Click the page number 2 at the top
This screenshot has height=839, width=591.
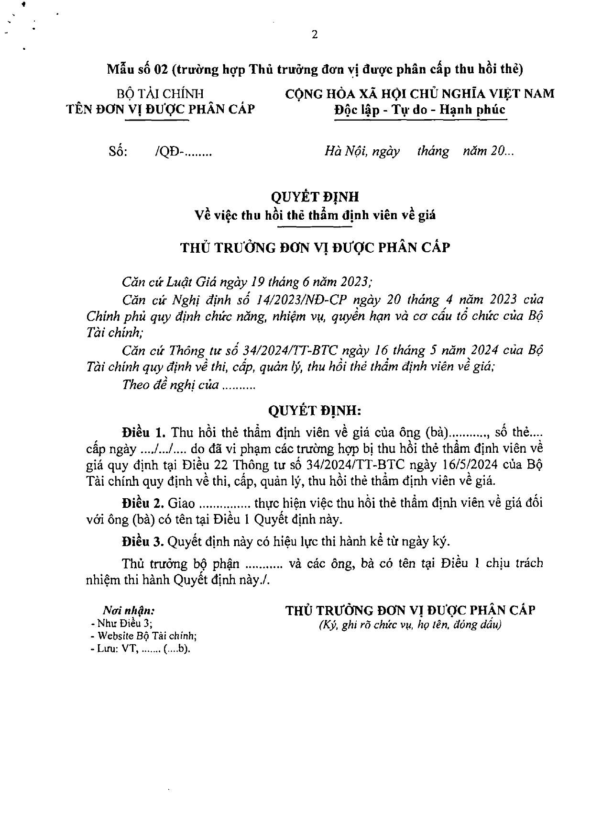click(314, 34)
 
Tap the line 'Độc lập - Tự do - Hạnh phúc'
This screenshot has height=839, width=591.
click(420, 109)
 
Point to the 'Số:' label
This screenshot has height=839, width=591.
click(118, 152)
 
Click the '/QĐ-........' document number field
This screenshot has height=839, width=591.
click(184, 152)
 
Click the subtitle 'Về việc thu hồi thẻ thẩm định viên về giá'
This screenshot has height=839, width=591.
click(315, 215)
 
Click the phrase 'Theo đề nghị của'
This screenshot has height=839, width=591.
click(171, 385)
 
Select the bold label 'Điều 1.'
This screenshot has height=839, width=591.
click(144, 433)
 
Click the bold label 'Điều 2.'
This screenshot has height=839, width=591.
click(144, 503)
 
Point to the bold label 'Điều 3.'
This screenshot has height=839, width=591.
click(144, 541)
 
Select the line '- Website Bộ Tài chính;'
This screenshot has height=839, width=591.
click(143, 636)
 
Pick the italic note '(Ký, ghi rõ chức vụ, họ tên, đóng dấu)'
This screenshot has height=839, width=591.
click(410, 625)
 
